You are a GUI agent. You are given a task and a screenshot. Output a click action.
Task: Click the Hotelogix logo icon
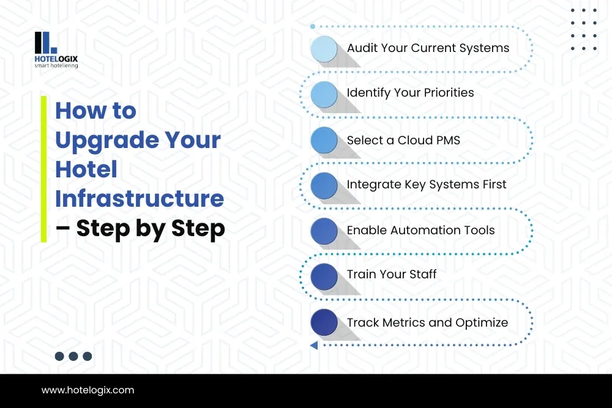(x=45, y=42)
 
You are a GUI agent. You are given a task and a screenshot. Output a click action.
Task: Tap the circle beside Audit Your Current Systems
(x=324, y=49)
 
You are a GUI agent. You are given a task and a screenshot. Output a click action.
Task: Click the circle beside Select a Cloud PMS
(x=324, y=141)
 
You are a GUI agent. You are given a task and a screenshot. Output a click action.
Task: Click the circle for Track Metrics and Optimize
(x=324, y=322)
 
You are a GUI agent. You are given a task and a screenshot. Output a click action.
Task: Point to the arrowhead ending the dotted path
(x=313, y=346)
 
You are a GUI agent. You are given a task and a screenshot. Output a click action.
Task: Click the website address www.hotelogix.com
(x=88, y=390)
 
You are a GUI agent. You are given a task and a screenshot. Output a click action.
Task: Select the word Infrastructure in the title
(x=139, y=199)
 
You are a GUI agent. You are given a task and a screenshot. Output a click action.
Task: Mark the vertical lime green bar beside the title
(x=43, y=169)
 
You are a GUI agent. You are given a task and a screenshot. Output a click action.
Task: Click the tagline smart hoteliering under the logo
(x=56, y=65)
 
